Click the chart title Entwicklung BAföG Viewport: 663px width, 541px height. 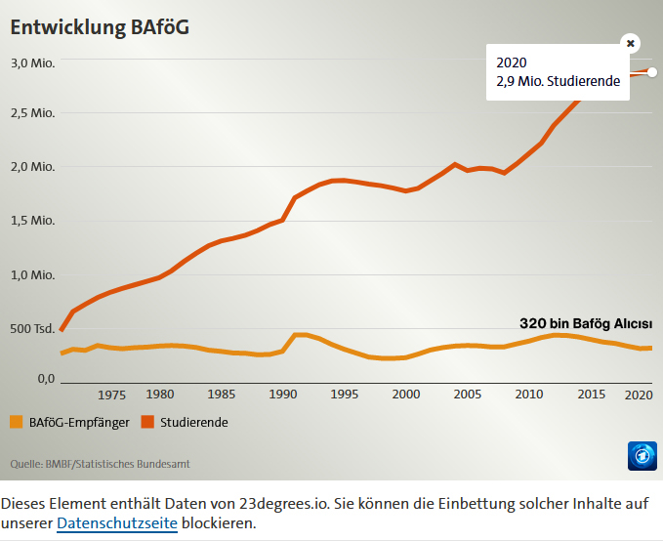[99, 27]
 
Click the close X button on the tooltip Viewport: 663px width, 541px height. [631, 43]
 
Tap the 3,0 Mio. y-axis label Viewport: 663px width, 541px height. [32, 63]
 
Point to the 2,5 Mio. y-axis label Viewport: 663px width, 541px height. [32, 113]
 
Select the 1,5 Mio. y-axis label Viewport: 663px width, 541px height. [32, 220]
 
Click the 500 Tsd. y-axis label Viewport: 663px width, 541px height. [32, 328]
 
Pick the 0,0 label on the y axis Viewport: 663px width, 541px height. [46, 378]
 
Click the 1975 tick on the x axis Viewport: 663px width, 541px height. [112, 395]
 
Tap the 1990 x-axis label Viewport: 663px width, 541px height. [283, 395]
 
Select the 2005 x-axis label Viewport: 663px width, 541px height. [468, 395]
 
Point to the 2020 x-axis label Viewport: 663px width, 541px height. [639, 395]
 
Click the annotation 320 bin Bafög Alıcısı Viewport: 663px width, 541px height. [585, 324]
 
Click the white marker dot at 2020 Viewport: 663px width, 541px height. [652, 72]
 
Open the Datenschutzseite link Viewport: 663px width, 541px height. [117, 523]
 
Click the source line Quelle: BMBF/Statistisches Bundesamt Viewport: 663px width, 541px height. [100, 463]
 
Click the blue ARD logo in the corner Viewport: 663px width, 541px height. [642, 455]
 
